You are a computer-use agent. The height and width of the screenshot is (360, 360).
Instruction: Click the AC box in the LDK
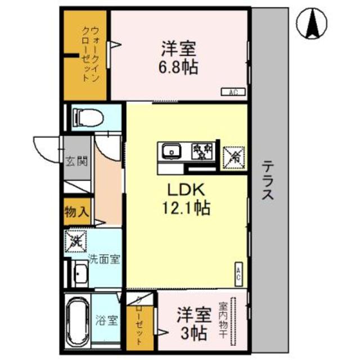coord(238,275)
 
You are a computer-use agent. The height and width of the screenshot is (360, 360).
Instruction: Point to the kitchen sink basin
coord(170,150)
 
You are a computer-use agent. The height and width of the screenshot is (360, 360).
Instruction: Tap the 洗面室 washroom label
coord(105,260)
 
